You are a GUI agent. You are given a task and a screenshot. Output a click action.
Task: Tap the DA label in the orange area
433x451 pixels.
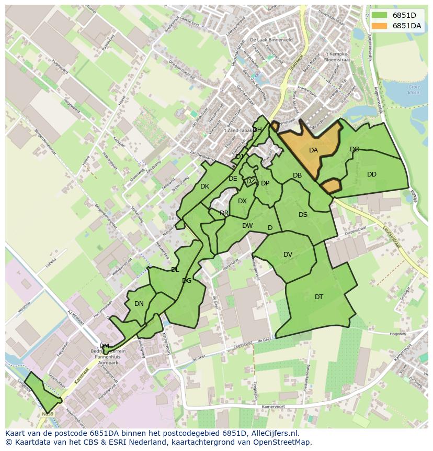(x=313, y=150)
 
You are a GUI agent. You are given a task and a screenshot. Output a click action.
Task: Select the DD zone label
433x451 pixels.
(x=371, y=174)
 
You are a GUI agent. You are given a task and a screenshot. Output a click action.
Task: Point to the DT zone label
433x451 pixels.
(x=319, y=297)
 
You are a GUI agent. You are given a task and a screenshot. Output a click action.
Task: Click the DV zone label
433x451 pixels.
(x=288, y=255)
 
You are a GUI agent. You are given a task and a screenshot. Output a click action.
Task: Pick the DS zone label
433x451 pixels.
(x=303, y=214)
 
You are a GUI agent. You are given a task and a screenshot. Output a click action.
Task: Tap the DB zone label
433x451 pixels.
(x=297, y=175)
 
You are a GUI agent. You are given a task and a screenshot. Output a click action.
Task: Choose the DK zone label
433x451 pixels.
(x=204, y=186)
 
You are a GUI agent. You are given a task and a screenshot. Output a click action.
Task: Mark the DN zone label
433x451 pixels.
(x=139, y=303)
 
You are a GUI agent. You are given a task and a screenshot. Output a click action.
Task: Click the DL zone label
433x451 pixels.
(x=175, y=270)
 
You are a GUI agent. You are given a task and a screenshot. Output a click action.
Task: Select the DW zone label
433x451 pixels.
(x=247, y=226)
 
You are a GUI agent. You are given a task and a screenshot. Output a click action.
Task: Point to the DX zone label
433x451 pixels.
(x=242, y=201)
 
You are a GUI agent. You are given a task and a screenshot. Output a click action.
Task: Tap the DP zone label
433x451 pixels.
(x=265, y=183)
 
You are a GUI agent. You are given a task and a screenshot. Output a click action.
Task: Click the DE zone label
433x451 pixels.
(x=233, y=179)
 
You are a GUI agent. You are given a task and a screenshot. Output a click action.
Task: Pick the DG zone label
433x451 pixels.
(x=187, y=281)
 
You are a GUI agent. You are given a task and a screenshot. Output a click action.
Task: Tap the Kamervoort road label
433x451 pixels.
(x=273, y=406)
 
